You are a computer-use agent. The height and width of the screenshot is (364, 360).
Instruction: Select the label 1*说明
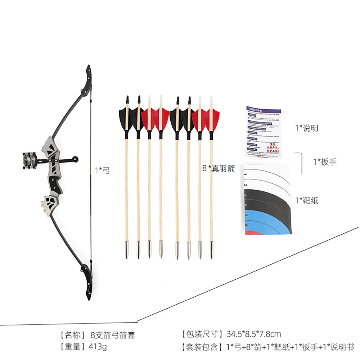click(306, 128)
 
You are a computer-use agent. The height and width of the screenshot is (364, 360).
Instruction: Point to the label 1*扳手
click(324, 162)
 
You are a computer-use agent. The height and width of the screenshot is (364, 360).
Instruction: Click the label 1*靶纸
click(307, 200)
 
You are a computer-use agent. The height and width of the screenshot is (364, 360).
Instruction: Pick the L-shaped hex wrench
click(300, 162)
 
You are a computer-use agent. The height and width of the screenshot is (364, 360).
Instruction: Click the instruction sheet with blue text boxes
click(264, 132)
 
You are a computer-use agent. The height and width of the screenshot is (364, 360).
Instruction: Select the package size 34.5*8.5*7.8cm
click(253, 334)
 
